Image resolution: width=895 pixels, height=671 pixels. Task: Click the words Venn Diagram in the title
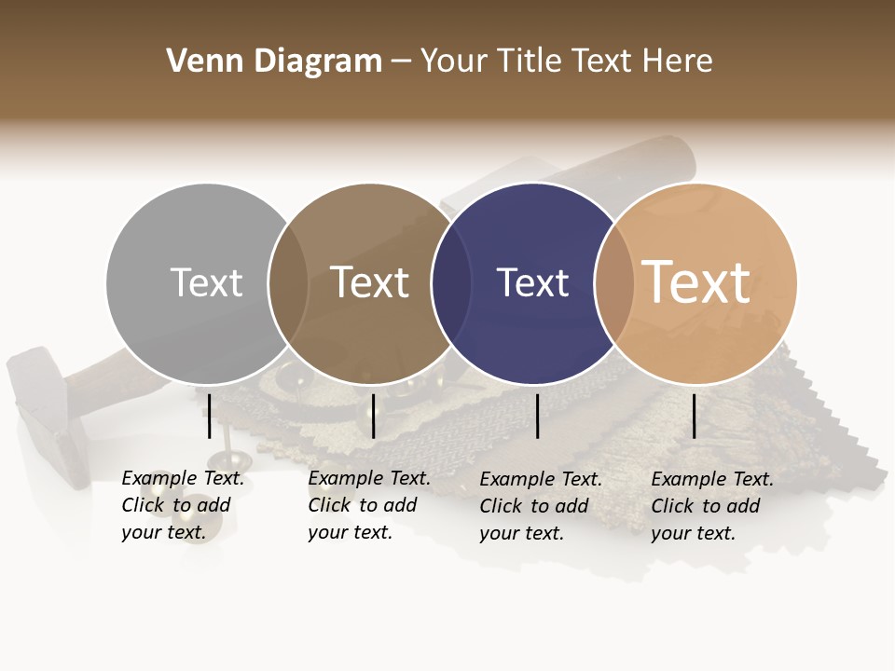274,62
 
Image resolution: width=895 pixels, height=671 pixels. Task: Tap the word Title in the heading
529,62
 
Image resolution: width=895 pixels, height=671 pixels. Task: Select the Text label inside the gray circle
206,282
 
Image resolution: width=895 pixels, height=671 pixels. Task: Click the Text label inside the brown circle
370,282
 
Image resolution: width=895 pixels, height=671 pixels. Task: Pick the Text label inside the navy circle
532,282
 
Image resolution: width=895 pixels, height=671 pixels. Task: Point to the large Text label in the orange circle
696,281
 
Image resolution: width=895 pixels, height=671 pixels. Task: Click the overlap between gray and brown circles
288,283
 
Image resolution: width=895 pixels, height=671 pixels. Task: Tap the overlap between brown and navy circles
451,283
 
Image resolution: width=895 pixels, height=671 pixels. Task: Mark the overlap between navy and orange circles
614,283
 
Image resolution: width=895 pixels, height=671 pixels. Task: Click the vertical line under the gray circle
210,416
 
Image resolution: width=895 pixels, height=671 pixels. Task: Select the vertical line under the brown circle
373,416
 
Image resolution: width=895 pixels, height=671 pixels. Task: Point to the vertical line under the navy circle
538,416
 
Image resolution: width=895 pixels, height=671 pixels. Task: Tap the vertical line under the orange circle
695,416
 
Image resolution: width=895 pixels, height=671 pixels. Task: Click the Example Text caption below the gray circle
183,505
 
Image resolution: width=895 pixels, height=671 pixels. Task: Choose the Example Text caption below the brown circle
369,505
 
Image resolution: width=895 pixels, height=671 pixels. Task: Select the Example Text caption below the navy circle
541,506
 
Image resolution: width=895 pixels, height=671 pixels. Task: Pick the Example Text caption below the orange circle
712,506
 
